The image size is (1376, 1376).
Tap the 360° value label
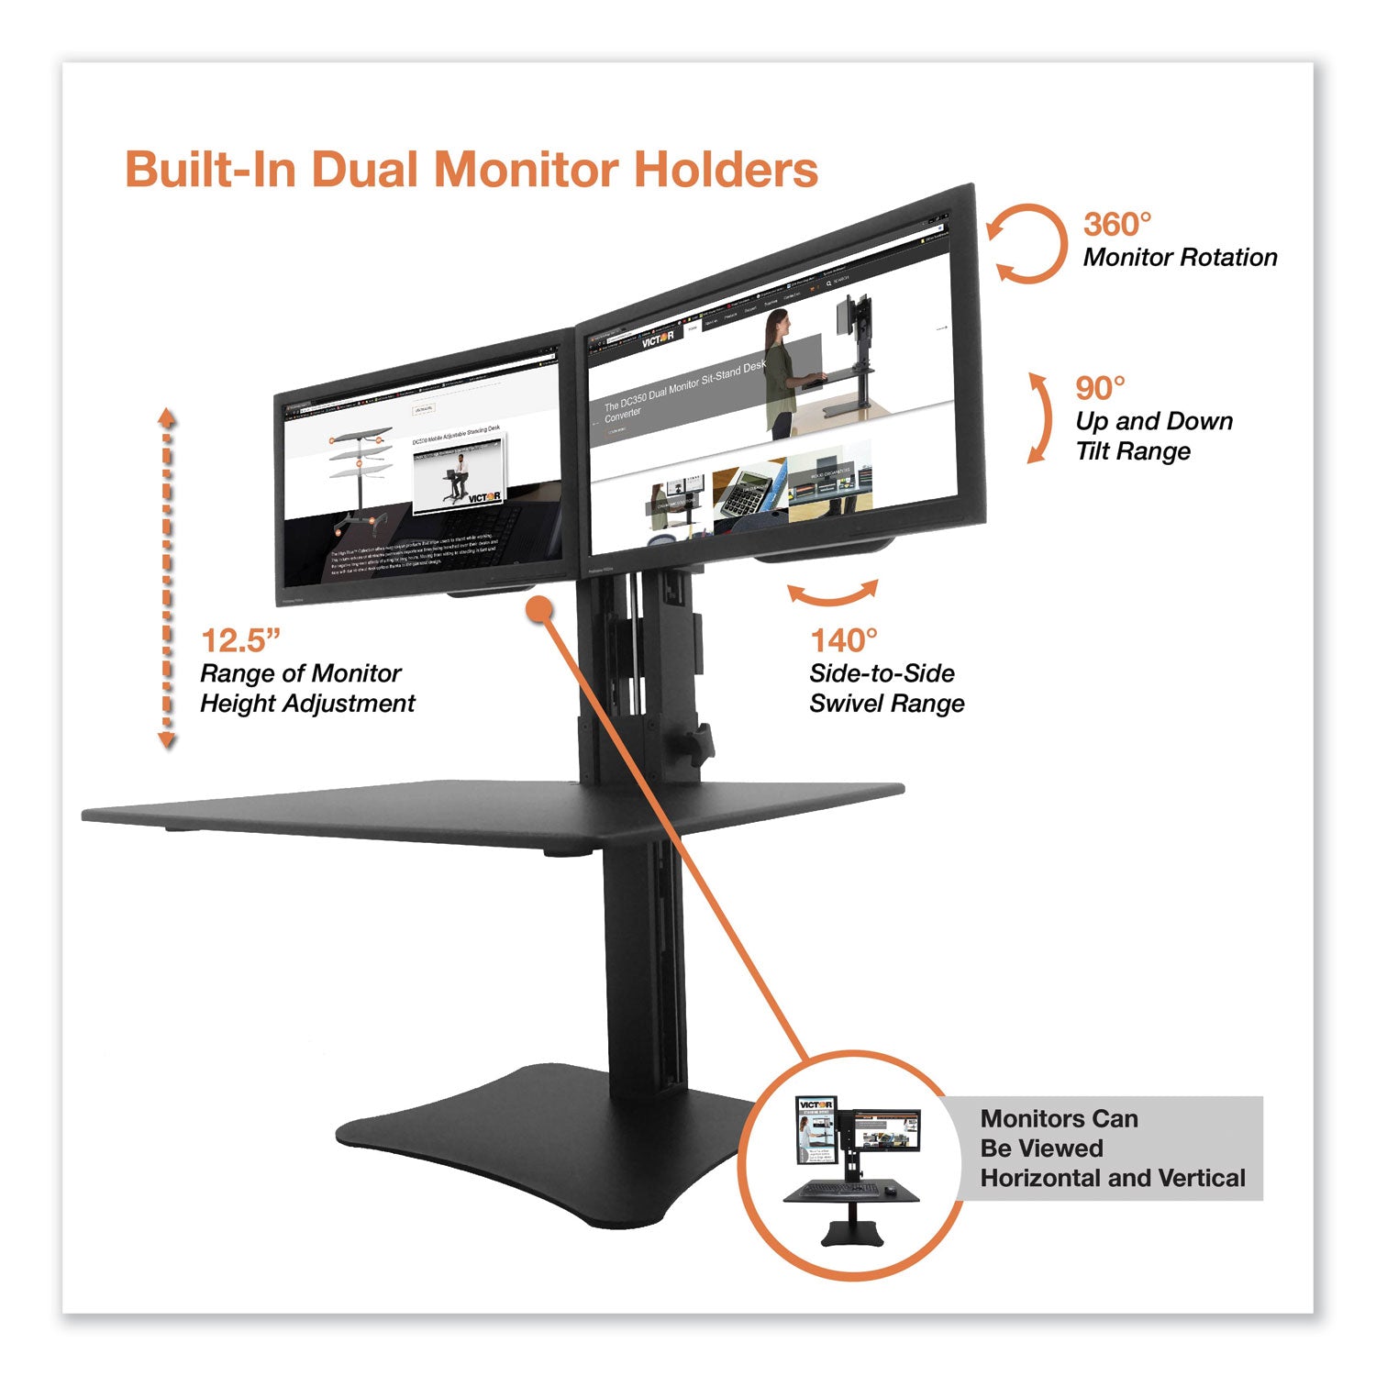coord(1116,224)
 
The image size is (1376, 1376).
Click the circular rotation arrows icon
coord(1028,243)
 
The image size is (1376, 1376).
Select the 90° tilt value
coord(1100,389)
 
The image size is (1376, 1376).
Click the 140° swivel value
coord(843,640)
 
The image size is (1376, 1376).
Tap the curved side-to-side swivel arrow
coord(833,594)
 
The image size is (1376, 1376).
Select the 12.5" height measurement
coord(240,640)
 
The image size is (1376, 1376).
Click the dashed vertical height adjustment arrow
coord(167,578)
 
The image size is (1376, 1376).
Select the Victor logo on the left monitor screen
coord(483,497)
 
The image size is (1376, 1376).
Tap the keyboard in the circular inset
coord(837,1190)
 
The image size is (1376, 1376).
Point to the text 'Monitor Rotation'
coord(1180,258)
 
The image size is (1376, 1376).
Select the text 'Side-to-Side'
coord(882,674)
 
